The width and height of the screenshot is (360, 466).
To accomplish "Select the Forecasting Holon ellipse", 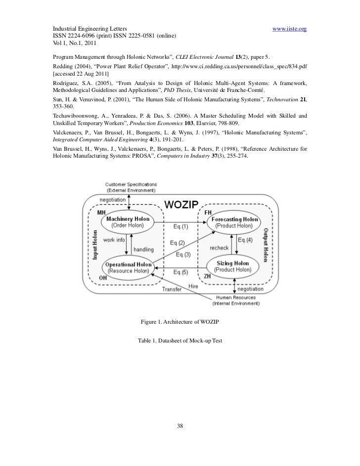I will point(234,222).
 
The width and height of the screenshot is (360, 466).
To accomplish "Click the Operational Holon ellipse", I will point(128,268).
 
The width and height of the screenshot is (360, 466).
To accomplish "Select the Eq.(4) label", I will point(246,240).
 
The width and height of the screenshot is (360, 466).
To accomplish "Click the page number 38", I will point(180,426).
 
